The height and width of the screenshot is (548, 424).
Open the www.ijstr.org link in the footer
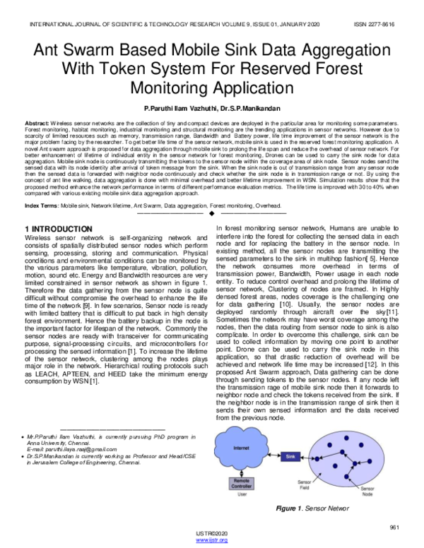212,540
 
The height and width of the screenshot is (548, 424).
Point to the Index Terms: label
42,205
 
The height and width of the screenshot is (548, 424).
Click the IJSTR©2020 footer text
212,534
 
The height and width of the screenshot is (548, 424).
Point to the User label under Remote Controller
242,494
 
